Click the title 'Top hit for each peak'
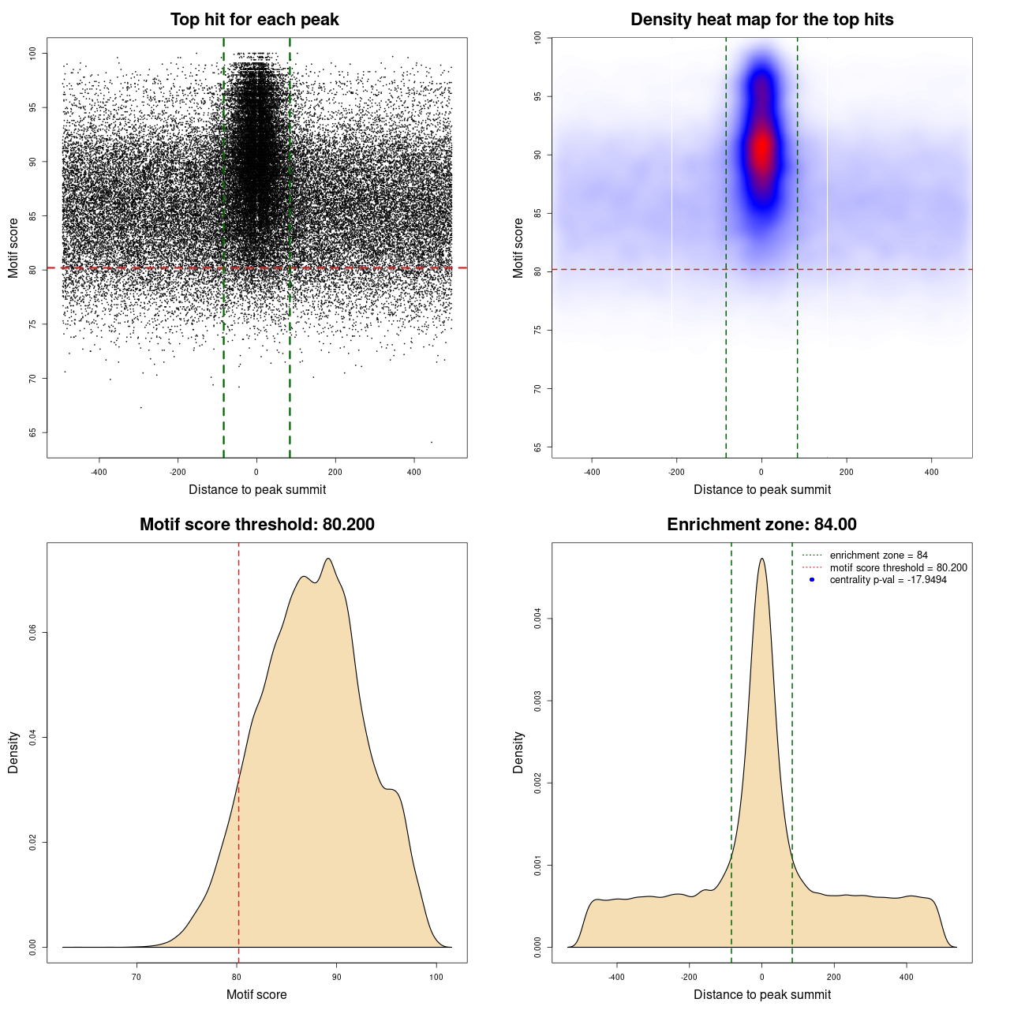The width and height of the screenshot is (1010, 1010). click(254, 20)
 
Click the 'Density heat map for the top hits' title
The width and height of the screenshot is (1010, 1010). click(761, 20)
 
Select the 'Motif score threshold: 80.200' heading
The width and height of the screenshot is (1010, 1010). click(256, 525)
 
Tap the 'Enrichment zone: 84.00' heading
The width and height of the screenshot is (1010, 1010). click(761, 525)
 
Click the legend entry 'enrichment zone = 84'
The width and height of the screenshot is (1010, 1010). click(878, 555)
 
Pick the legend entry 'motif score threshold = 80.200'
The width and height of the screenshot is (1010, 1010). click(898, 567)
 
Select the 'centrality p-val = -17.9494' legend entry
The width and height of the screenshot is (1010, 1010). click(888, 580)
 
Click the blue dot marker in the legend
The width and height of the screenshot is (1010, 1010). click(812, 580)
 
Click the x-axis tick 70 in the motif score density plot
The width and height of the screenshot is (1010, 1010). click(137, 978)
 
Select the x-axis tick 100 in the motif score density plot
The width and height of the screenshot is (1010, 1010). click(436, 978)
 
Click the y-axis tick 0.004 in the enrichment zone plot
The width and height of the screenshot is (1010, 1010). click(537, 619)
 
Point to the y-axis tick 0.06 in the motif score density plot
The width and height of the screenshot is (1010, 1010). click(32, 633)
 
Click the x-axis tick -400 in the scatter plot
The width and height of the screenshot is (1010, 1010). click(99, 472)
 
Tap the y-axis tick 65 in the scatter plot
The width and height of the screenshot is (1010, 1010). click(32, 432)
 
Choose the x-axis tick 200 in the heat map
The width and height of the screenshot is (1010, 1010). click(847, 472)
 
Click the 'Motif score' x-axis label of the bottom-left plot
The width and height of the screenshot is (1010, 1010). click(256, 994)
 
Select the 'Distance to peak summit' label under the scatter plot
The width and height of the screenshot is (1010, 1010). click(257, 489)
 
